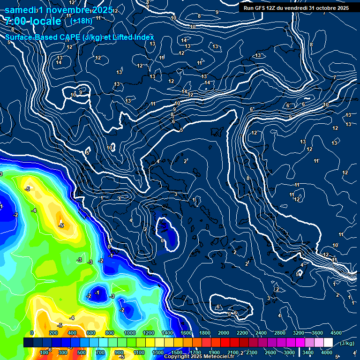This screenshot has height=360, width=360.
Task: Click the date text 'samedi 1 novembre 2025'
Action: click(x=59, y=10)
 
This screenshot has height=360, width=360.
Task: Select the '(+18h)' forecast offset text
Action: click(x=81, y=21)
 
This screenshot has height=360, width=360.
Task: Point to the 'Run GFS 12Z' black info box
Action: click(x=296, y=8)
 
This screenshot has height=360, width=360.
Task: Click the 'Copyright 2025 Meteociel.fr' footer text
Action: click(x=199, y=357)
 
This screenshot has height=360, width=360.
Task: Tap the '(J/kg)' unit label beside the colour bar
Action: click(x=346, y=343)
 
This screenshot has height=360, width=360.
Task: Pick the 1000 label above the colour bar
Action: click(x=130, y=333)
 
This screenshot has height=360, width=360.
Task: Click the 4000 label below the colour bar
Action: click(x=327, y=352)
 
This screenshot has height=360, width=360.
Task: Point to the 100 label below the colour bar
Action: click(x=44, y=352)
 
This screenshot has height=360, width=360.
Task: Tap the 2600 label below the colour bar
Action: click(x=270, y=352)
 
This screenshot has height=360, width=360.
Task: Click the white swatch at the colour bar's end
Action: click(x=328, y=343)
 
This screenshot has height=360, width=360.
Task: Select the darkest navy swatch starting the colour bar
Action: click(x=28, y=343)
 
